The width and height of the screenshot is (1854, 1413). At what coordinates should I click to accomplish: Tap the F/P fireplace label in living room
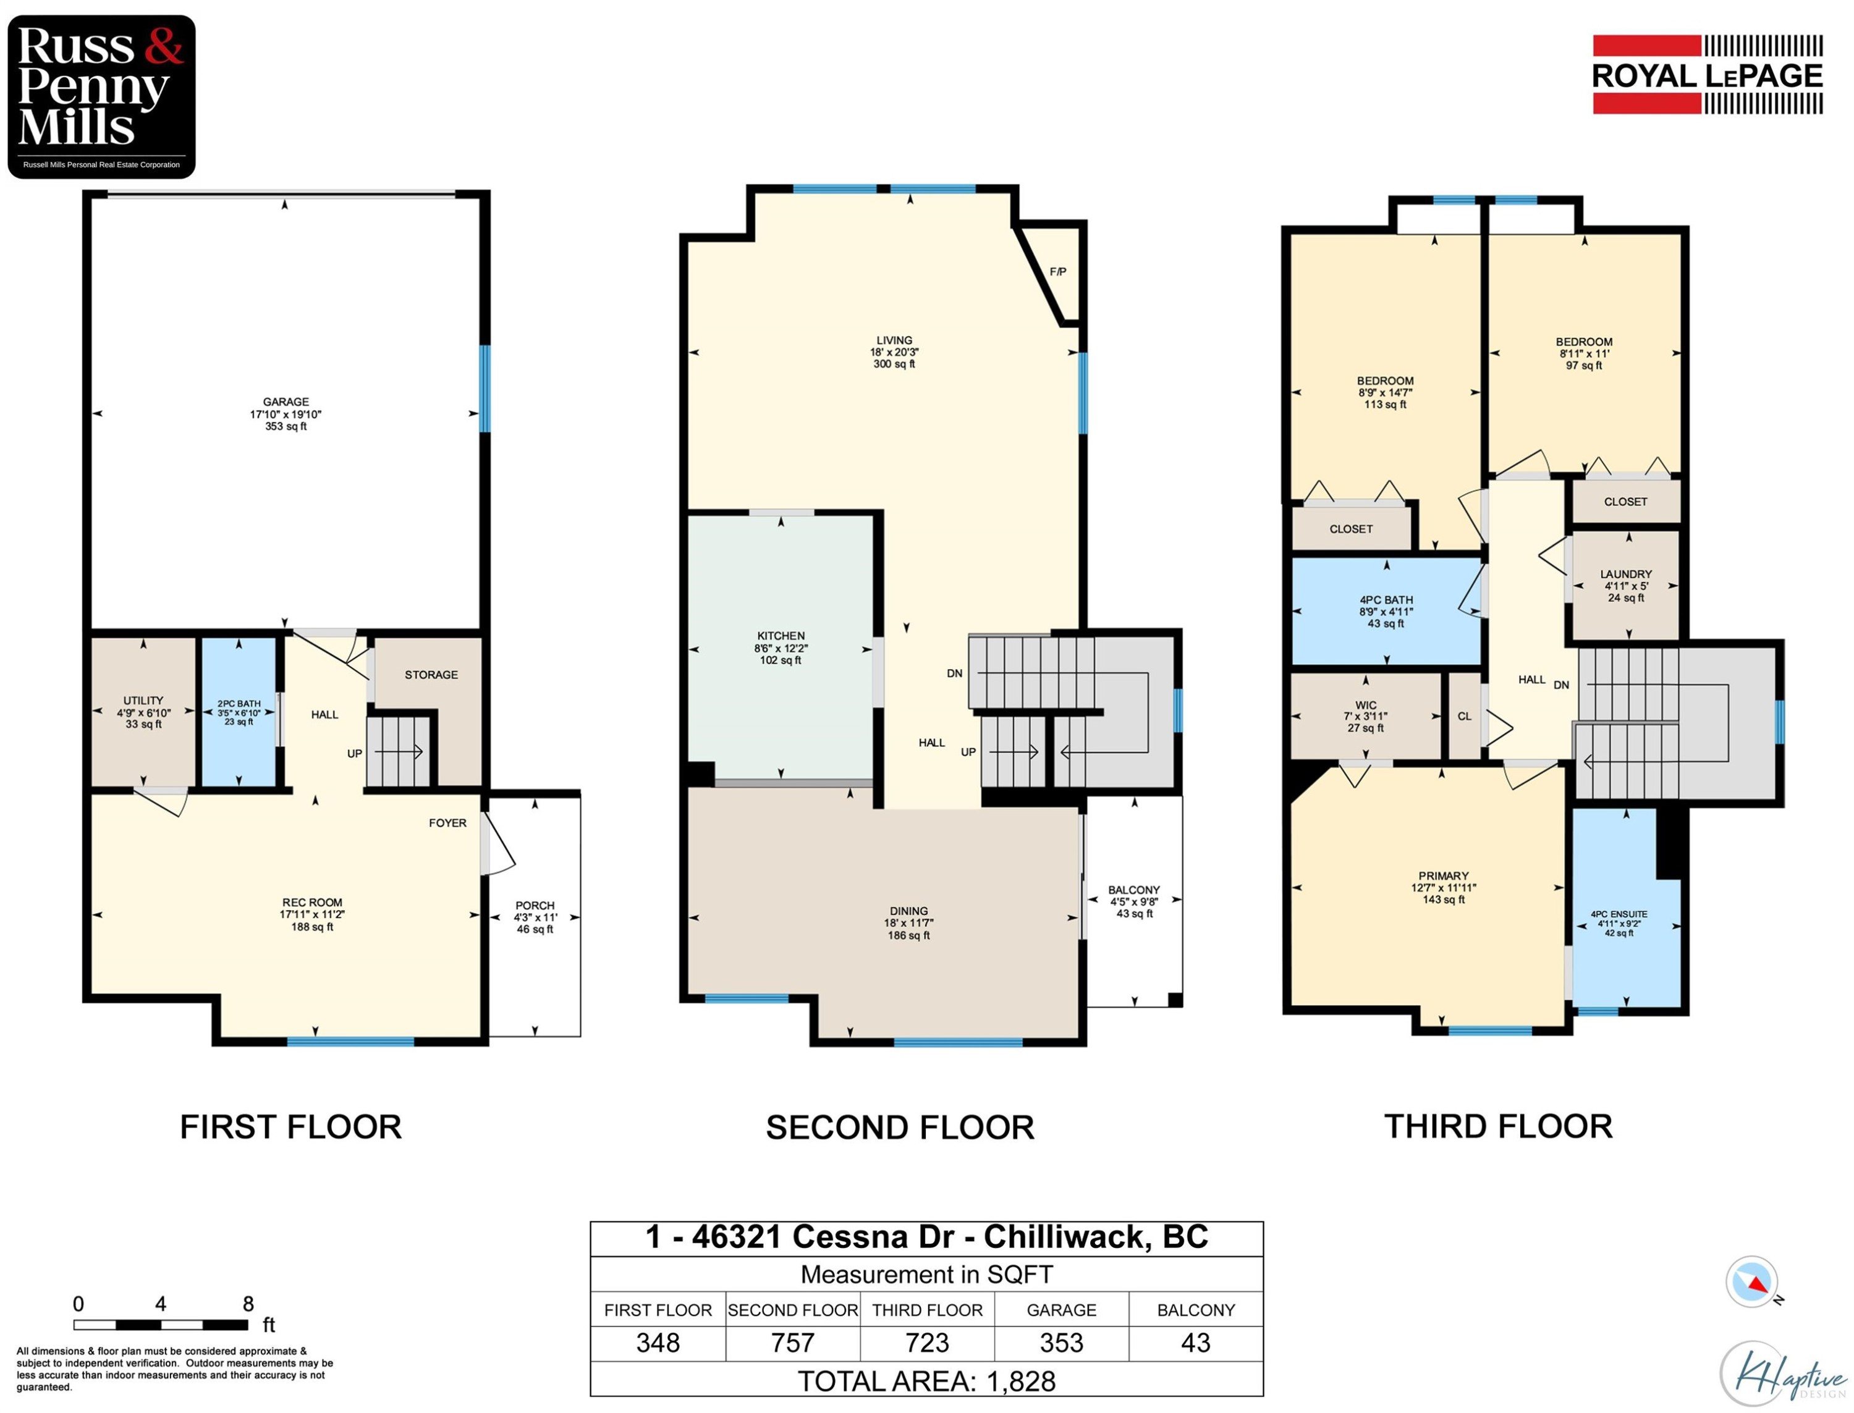[x=1057, y=272]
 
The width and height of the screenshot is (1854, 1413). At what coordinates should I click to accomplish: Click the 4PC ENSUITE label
[x=1619, y=914]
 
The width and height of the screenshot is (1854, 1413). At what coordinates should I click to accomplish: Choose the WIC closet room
[x=1365, y=715]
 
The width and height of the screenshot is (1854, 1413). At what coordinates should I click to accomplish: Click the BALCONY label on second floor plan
[x=1133, y=890]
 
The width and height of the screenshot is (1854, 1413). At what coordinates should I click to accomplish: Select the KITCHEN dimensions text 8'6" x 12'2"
[x=780, y=649]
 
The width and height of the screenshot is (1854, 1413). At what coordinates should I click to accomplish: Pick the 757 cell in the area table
[x=792, y=1343]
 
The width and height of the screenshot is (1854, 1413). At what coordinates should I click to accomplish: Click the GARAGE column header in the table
[x=1060, y=1310]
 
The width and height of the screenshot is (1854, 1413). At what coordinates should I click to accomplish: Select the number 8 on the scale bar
[x=248, y=1304]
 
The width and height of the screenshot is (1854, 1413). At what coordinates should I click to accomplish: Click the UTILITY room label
[x=143, y=701]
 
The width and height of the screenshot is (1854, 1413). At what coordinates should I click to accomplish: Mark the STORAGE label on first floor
[x=431, y=675]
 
